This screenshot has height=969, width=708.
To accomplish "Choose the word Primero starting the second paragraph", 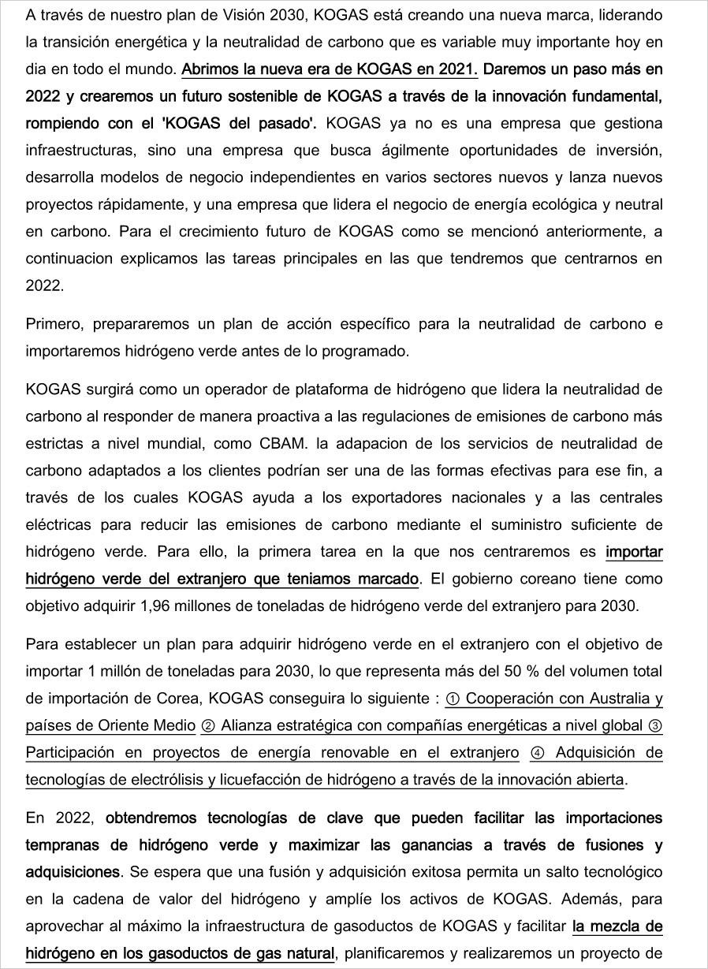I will (x=52, y=323).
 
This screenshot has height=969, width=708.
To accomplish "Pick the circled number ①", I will (x=453, y=699).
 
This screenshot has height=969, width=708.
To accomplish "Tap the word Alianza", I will (x=244, y=726).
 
